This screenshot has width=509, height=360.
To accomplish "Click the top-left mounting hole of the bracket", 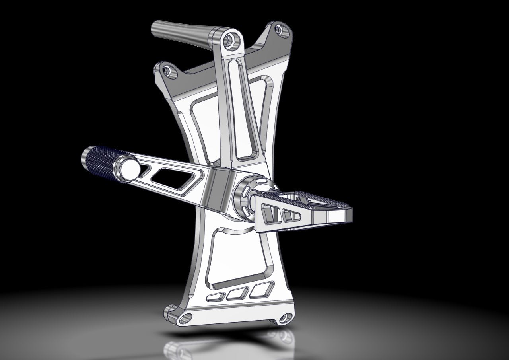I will [x=167, y=71].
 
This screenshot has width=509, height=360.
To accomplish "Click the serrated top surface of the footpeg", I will [x=314, y=198].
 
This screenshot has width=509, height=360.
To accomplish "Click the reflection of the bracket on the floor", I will [x=223, y=346].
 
